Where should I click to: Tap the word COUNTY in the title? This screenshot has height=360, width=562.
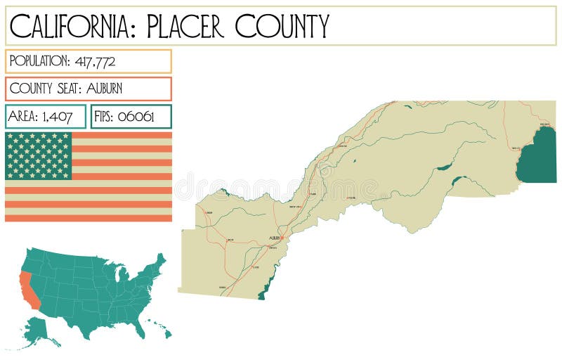pos(282,26)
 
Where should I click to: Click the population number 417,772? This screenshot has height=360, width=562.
pos(95,61)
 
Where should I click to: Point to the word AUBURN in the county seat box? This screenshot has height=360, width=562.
pos(104,89)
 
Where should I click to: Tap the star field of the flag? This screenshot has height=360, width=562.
pos(39,155)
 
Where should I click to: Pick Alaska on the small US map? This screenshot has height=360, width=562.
pos(38,330)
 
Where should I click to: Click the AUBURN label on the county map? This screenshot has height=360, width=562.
pos(275,238)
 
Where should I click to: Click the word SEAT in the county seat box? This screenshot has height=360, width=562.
pos(67,89)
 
